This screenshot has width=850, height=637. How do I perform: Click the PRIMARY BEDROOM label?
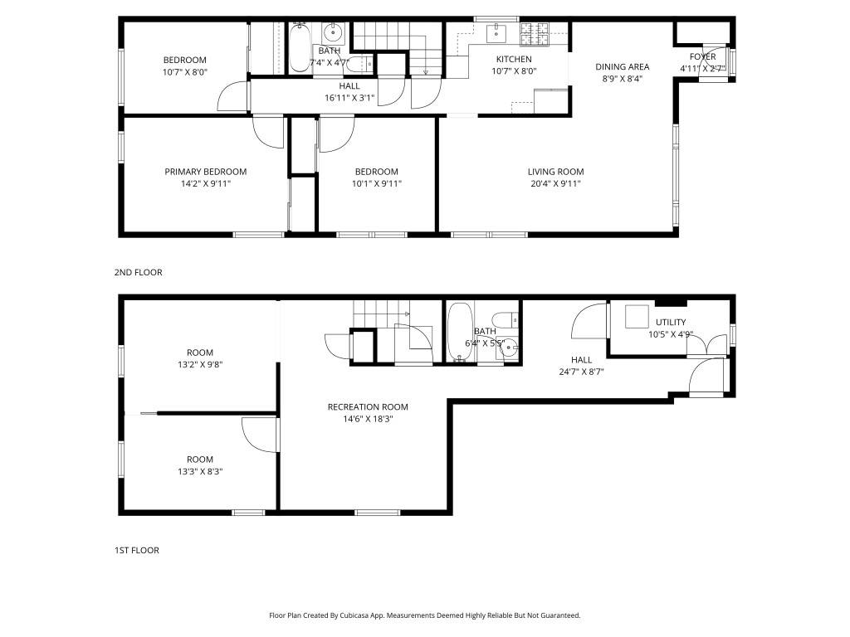206,172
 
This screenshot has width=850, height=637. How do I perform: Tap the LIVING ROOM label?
555,172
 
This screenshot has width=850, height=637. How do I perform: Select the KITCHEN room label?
514,59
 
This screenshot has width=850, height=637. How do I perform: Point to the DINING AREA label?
623,66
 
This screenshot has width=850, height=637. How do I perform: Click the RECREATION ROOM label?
368,406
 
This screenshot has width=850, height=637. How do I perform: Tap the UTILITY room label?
671,323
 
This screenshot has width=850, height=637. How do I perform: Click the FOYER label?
702,57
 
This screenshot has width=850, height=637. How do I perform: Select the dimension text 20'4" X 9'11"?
555,183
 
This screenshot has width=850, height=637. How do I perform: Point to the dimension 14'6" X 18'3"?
368,419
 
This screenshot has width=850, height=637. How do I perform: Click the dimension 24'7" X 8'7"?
581,372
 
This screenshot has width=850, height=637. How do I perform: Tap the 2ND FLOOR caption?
139,272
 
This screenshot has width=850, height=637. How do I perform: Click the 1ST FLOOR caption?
137,551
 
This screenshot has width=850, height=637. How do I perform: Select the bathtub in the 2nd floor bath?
299,49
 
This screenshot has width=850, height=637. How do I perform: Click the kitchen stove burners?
535,33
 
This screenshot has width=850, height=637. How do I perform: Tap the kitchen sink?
496,33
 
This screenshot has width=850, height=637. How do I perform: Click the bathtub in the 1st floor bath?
460,331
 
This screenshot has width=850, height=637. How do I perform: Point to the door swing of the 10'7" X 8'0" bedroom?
233,97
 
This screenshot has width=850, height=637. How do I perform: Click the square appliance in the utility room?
637,317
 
